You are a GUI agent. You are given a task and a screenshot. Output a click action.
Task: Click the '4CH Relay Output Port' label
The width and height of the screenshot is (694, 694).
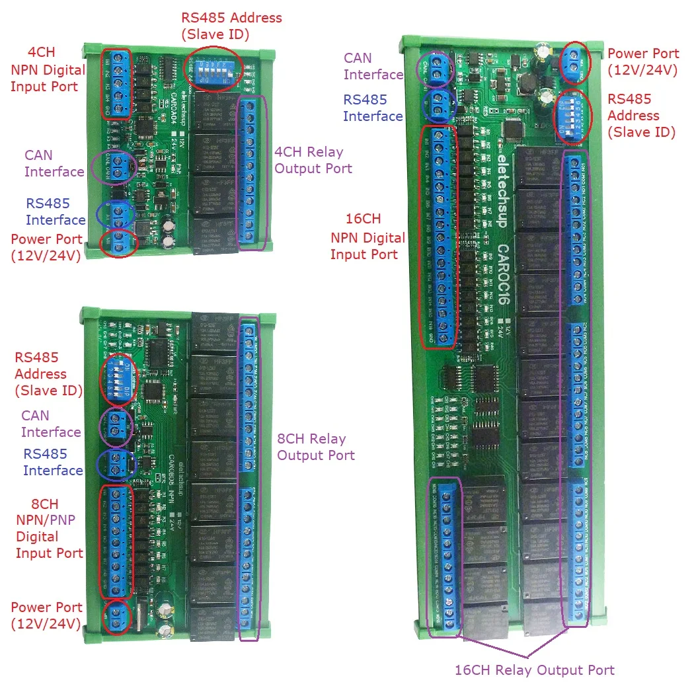[313, 160]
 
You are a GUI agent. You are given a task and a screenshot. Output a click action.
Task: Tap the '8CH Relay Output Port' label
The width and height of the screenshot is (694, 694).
[315, 447]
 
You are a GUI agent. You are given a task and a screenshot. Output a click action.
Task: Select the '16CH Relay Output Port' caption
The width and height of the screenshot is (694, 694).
[534, 670]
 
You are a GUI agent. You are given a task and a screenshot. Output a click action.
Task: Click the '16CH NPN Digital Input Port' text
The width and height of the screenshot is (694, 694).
[367, 237]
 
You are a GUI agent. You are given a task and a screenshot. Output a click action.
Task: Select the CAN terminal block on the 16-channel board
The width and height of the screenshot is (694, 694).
[436, 69]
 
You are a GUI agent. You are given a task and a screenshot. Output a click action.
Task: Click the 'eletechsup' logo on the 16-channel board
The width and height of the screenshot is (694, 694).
[500, 192]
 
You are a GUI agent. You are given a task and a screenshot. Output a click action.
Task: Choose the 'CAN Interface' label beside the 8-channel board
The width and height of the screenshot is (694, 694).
[51, 424]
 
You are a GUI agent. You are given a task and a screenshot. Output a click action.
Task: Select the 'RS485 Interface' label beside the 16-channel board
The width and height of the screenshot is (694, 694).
[373, 108]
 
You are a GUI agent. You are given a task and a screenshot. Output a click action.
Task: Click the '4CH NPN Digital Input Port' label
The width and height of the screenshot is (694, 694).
[47, 69]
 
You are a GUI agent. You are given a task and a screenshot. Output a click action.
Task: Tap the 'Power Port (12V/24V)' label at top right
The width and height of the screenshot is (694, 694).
[642, 61]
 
